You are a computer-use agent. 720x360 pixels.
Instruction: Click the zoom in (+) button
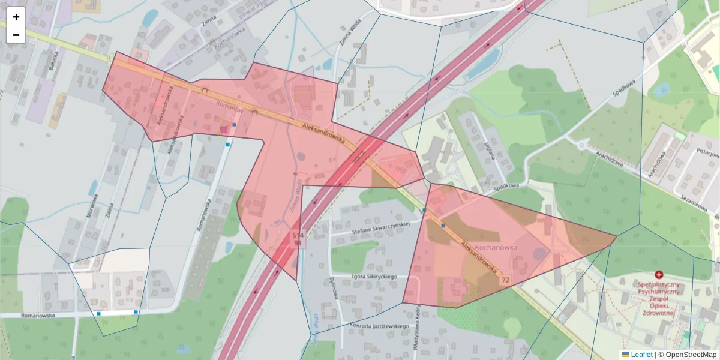point(16,17)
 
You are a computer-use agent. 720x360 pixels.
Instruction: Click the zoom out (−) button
point(16,35)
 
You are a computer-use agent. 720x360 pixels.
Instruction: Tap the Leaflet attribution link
point(641,355)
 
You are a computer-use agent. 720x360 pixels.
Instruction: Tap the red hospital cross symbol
point(659,274)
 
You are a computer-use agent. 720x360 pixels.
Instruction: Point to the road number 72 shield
point(506,280)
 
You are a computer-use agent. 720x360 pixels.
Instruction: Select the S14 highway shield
point(298,235)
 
